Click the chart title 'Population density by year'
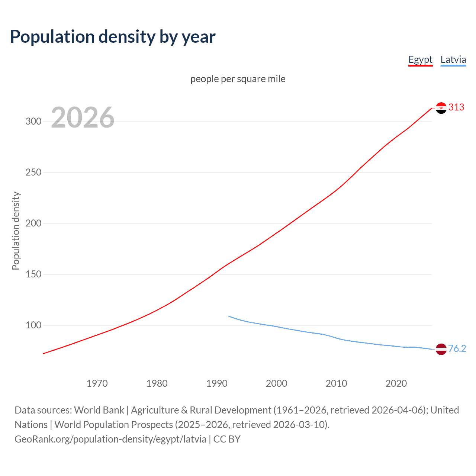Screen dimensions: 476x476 point(113,36)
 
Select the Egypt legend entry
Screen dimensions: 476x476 point(420,59)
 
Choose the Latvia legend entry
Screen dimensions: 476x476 point(453,59)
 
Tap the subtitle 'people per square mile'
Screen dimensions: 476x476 point(238,79)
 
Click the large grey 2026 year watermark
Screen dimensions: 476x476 point(83,118)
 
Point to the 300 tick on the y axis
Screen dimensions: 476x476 point(33,122)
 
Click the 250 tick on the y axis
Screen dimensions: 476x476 point(33,173)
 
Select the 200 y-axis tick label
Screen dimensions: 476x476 point(33,223)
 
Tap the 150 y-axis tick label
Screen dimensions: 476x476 point(33,274)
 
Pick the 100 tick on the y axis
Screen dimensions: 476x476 point(33,325)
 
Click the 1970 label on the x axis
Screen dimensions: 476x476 point(97,383)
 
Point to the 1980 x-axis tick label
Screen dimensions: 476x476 point(157,383)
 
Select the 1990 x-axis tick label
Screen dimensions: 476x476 point(217,383)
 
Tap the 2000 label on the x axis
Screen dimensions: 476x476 point(277,383)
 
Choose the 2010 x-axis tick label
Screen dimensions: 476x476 point(337,383)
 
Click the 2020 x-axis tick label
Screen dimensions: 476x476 point(396,383)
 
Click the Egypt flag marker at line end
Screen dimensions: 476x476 point(441,108)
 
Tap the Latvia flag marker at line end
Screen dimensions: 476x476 point(441,349)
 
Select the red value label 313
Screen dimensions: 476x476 point(456,107)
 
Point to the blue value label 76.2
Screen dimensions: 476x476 point(457,348)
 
